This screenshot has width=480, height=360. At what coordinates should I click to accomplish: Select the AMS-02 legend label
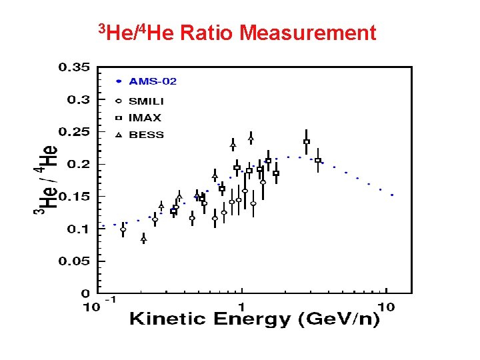pyautogui.click(x=153, y=81)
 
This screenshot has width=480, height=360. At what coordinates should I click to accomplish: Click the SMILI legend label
pyautogui.click(x=146, y=101)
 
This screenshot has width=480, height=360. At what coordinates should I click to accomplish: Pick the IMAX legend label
pyautogui.click(x=145, y=118)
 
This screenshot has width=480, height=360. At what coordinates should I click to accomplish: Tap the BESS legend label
pyautogui.click(x=146, y=135)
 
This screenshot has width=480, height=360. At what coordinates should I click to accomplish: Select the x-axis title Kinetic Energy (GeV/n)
pyautogui.click(x=254, y=319)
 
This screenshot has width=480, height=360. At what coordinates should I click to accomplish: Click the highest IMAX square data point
pyautogui.click(x=306, y=141)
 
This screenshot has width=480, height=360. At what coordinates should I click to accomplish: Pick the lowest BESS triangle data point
pyautogui.click(x=143, y=238)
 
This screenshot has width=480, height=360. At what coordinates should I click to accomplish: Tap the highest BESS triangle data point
pyautogui.click(x=251, y=137)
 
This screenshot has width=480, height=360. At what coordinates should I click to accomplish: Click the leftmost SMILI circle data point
pyautogui.click(x=123, y=230)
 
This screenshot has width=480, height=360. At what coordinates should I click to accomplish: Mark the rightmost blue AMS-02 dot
pyautogui.click(x=392, y=195)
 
